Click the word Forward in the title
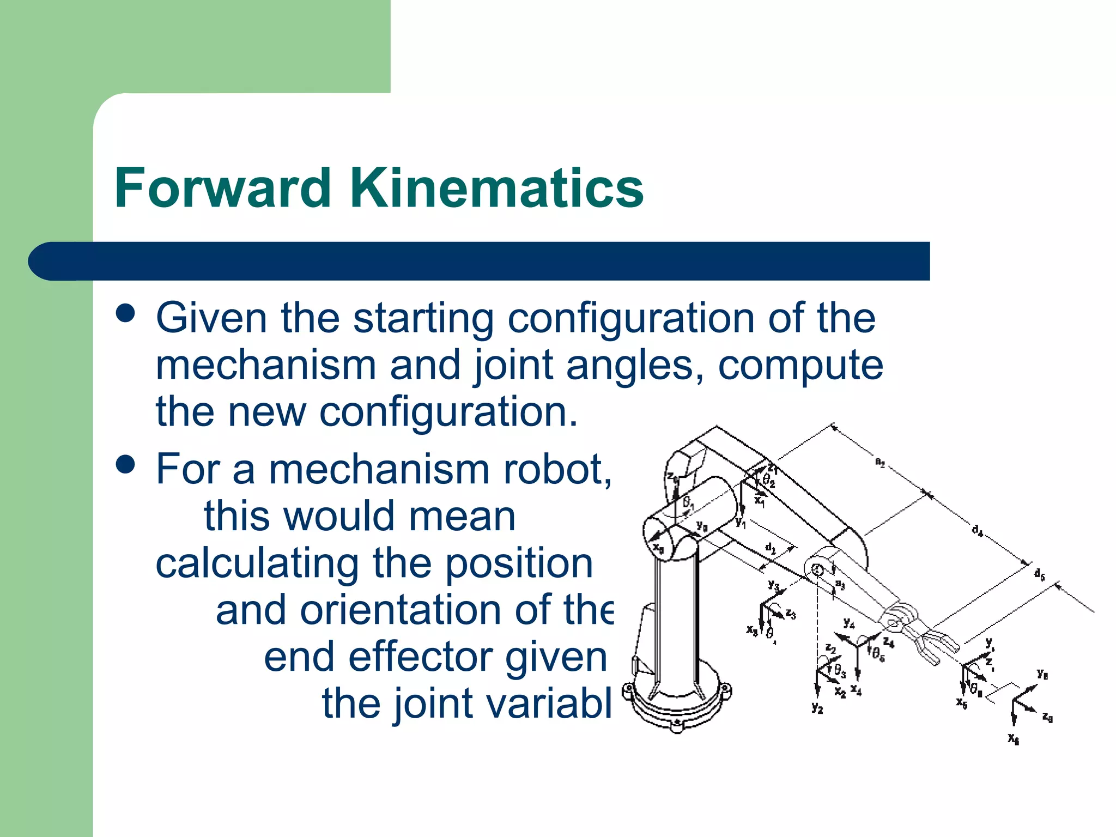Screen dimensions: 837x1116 [x=223, y=188]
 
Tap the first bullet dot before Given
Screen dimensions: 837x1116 [x=126, y=313]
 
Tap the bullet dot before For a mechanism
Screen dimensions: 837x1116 [x=126, y=464]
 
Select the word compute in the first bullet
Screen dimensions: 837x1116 [x=800, y=366]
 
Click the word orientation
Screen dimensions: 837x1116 [x=401, y=610]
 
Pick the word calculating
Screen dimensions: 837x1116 [x=257, y=563]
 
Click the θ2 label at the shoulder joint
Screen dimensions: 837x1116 [x=768, y=481]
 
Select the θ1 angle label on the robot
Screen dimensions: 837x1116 [x=689, y=502]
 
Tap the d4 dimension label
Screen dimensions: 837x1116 [x=978, y=530]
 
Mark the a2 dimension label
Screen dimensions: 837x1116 [x=880, y=463]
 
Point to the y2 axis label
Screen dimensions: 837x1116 [x=817, y=708]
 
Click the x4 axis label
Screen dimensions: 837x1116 [x=856, y=691]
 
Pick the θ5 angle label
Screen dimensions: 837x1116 [x=878, y=654]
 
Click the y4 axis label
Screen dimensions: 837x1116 [x=848, y=623]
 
